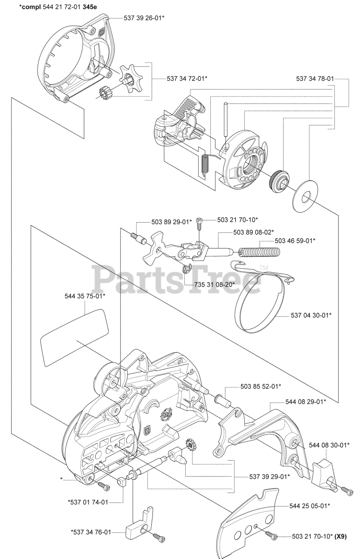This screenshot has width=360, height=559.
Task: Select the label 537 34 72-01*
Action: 187,79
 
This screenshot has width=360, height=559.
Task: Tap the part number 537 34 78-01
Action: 315,79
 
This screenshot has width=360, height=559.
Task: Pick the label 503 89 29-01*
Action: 172,222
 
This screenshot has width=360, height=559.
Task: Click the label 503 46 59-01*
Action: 295,241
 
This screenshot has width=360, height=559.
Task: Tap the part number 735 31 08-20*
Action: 215,284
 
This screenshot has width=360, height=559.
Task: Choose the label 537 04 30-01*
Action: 311,315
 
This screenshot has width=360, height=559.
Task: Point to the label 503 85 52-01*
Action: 260,386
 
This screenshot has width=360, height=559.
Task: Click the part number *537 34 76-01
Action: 91,532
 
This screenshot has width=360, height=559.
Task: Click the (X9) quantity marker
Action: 341,537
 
